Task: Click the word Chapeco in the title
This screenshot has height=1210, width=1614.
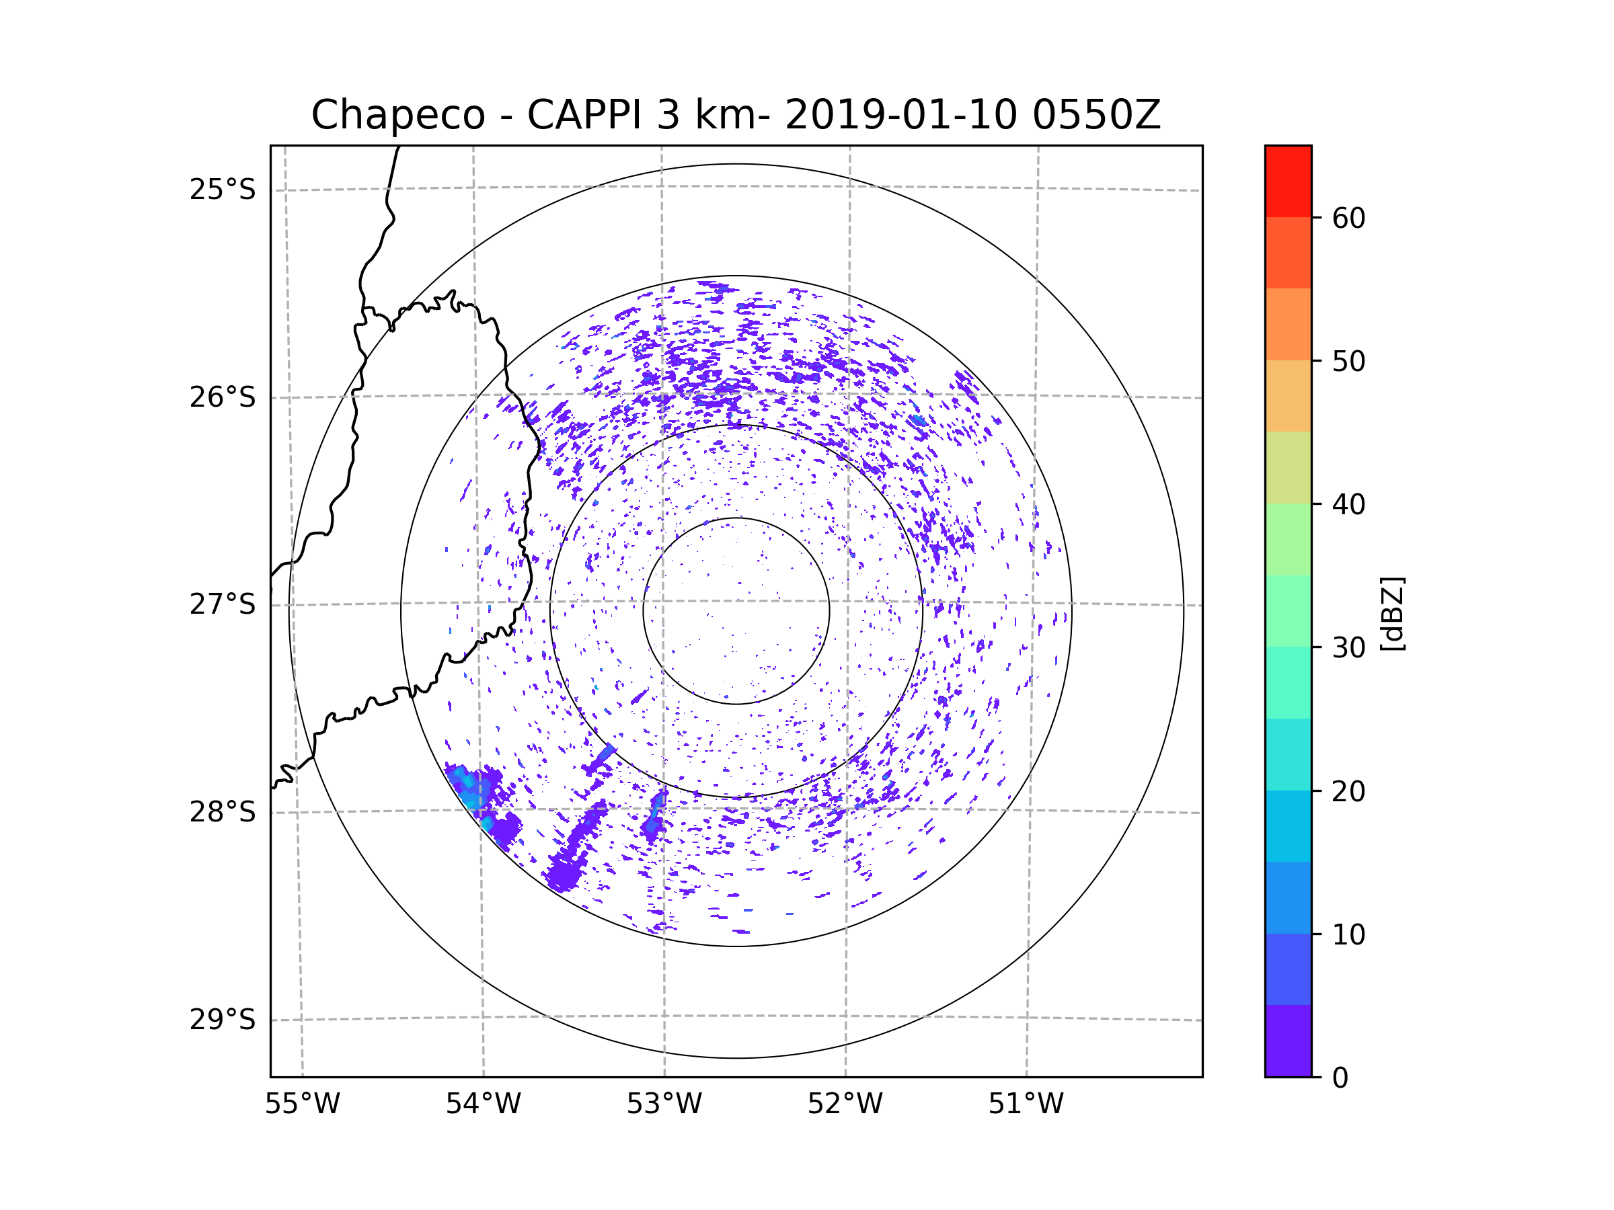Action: (397, 115)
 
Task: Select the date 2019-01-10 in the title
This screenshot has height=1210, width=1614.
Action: (900, 115)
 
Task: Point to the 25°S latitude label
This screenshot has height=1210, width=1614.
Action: (223, 190)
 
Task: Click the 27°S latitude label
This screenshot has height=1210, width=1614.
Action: (223, 604)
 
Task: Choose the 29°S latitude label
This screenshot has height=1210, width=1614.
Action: (223, 1020)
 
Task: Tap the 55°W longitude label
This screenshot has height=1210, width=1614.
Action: (302, 1104)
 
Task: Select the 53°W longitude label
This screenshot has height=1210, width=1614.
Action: (664, 1104)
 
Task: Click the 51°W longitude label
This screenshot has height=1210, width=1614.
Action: (1026, 1104)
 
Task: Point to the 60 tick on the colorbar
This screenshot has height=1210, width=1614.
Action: (1348, 218)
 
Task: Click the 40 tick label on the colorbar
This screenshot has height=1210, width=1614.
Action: (1348, 505)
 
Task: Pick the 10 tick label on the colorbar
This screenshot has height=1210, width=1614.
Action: (1348, 934)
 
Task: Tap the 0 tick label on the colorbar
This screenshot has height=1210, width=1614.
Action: (1340, 1078)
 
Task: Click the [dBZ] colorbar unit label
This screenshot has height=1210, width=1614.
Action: (1391, 613)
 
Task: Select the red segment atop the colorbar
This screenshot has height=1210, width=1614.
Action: (1288, 181)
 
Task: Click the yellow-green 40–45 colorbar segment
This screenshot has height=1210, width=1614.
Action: (1288, 467)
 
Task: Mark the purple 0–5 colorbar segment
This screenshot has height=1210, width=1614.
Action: (1288, 1041)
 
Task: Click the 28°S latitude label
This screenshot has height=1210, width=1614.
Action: (223, 812)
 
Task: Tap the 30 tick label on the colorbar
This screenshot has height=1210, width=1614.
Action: (1348, 647)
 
